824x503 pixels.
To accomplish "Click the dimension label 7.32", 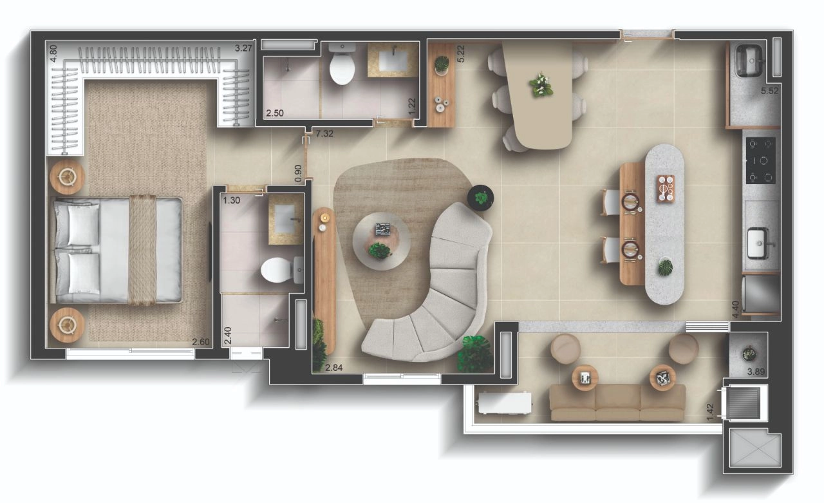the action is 324,133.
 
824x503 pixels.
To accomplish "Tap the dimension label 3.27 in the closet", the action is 243,48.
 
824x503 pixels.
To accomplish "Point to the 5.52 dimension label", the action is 769,91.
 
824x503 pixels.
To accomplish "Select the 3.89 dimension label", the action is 756,372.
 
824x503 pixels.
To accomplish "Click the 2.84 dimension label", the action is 334,368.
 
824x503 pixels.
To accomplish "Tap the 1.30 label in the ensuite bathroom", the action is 231,200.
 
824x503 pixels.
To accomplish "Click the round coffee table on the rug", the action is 382,241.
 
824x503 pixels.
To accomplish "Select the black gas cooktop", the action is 761,160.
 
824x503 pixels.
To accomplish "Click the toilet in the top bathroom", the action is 342,64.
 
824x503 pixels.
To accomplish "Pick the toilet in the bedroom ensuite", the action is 282,270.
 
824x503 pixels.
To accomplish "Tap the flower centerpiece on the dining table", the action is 541,85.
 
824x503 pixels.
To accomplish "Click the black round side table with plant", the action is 480,198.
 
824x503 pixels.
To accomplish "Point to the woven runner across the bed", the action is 143,251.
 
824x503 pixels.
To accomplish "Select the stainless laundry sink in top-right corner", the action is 748,61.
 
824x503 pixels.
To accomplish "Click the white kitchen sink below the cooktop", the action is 760,243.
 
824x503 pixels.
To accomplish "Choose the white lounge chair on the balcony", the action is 505,403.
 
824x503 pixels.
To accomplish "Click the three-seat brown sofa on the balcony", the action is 617,403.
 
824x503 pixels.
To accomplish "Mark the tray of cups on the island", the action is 666,189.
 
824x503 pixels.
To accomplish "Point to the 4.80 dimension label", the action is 53,53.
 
